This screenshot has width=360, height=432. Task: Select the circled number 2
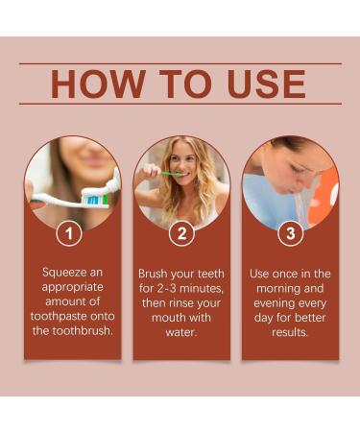click(181, 232)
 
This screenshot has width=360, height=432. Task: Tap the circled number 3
click(290, 232)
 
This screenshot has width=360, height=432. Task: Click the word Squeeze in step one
click(66, 273)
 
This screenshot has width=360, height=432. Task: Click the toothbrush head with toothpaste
click(94, 196)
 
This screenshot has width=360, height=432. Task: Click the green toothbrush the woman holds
click(171, 174)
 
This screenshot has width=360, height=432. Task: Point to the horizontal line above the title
click(180, 63)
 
